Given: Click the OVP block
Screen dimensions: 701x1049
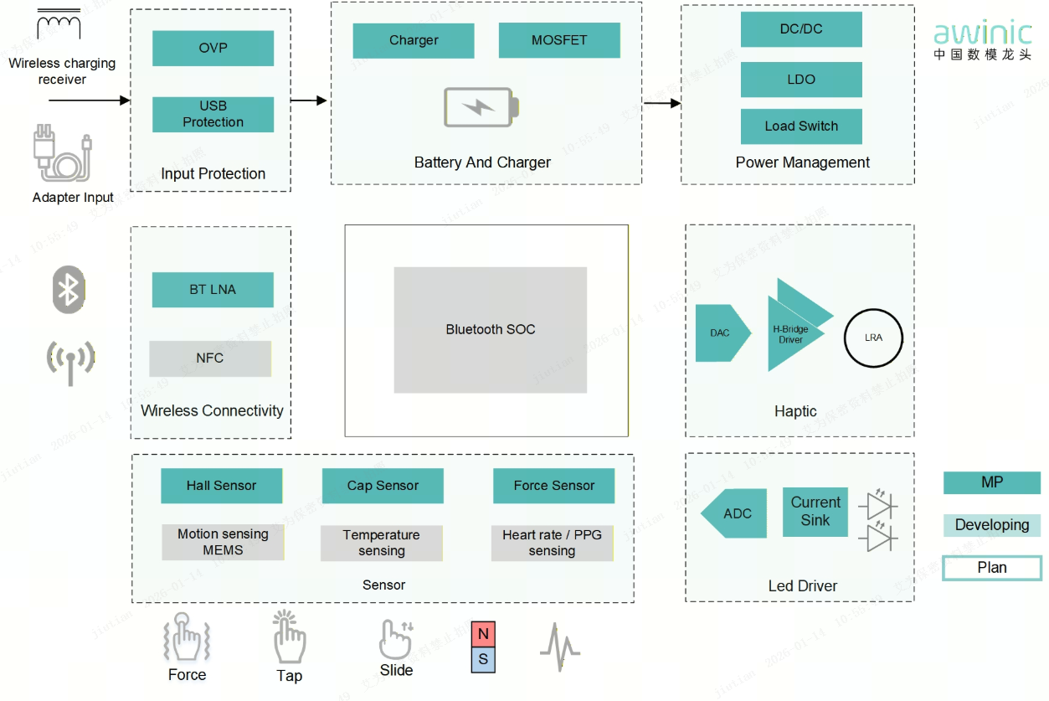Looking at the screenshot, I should (x=213, y=48).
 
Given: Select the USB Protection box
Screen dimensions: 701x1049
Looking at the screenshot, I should (x=213, y=114).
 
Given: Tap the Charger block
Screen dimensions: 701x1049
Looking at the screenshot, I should (x=414, y=40).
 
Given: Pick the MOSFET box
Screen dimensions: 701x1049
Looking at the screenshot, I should (x=559, y=40).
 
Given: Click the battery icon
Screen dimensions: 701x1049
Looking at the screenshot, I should (x=481, y=107).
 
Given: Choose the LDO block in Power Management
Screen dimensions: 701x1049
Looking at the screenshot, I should (x=801, y=80).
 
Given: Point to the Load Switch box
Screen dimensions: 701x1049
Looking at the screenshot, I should (x=801, y=126).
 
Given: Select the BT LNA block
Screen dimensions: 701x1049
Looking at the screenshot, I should (x=213, y=290).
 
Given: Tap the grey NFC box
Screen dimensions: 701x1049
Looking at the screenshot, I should (x=210, y=358).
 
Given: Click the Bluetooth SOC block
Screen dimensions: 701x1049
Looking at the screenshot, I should (x=491, y=330).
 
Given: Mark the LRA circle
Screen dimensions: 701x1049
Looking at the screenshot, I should (x=873, y=338).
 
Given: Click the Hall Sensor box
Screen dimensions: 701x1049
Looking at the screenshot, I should (x=221, y=486).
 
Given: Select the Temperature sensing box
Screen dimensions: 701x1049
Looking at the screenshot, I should (x=382, y=543).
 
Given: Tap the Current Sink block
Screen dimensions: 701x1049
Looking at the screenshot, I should (x=815, y=511).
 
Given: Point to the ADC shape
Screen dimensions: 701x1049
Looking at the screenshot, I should (x=735, y=513).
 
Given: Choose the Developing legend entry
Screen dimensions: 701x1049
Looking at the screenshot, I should (x=992, y=525).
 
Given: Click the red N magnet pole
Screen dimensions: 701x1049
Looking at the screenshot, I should (x=483, y=634).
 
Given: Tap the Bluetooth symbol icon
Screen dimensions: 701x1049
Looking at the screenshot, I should (x=69, y=290).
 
